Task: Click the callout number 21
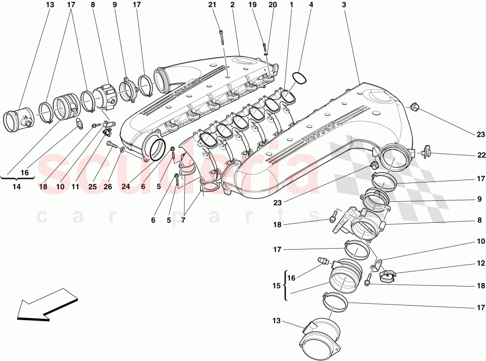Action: coord(211,5)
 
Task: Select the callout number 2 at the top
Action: coord(233,5)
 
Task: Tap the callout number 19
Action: coord(252,5)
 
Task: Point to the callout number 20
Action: coord(273,5)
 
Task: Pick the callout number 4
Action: coord(311,5)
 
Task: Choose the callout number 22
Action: coord(481,156)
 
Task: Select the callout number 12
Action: coord(481,263)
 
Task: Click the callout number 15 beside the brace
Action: coord(277,286)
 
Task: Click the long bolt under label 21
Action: coord(222,37)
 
